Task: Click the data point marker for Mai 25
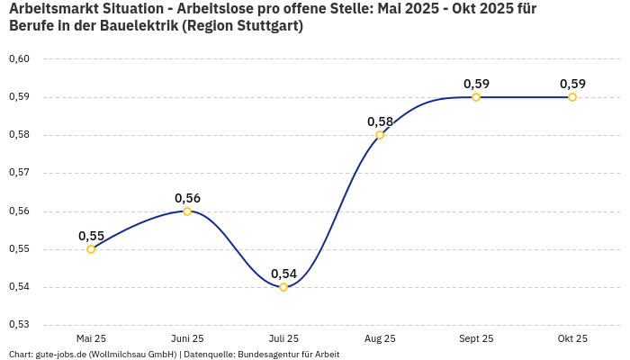91,249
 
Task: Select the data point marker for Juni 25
187,211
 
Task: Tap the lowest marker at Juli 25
283,287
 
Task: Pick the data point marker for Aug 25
380,135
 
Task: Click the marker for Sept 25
476,97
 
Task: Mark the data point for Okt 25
572,97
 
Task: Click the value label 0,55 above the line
91,236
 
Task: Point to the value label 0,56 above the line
187,198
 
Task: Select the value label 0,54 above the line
283,274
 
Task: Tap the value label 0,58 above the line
380,121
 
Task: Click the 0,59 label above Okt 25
572,84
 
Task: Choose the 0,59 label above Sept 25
476,84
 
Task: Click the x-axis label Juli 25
283,338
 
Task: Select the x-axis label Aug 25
380,338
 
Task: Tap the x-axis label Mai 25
91,338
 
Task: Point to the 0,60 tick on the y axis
19,59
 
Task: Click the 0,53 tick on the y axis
19,325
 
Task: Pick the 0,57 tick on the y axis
19,173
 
